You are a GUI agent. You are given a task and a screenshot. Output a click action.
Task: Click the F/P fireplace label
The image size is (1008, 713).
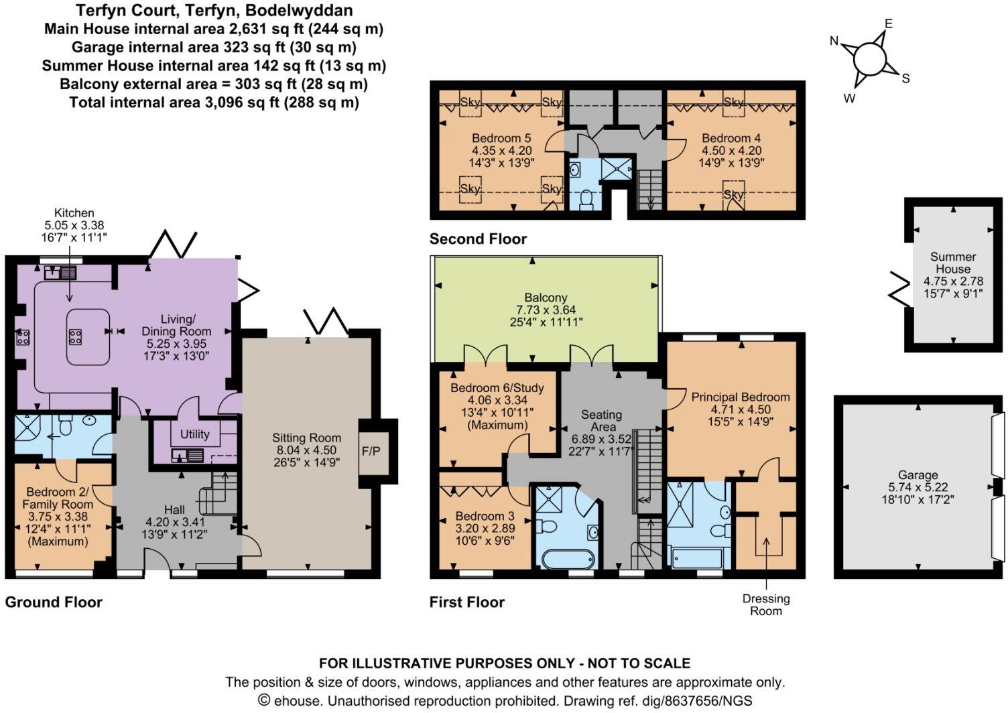[371, 451]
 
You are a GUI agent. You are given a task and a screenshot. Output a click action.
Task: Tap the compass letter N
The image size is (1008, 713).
[834, 42]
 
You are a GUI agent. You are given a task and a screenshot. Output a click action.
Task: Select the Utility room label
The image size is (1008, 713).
[195, 434]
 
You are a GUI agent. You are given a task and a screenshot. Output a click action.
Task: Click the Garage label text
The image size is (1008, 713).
[918, 475]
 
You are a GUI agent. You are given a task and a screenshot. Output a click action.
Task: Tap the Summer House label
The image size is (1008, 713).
[953, 263]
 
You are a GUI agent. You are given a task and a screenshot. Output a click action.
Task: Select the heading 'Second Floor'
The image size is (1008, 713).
[478, 239]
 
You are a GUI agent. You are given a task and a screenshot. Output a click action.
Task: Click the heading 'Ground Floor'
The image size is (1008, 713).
[54, 602]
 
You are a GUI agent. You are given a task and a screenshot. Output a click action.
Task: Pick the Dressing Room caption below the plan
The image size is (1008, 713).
[766, 604]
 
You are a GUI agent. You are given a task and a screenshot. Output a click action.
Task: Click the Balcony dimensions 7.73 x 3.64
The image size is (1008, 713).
[546, 310]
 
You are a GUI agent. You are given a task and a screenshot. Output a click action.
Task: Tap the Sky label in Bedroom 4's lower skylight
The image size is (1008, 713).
[734, 195]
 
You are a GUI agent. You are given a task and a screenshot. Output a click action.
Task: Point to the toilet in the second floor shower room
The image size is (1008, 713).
[585, 199]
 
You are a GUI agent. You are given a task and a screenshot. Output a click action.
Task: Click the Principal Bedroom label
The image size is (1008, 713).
[741, 397]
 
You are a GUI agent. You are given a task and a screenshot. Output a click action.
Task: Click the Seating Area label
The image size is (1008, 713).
[601, 421]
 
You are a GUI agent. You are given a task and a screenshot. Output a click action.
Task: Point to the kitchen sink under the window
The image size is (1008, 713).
[52, 273]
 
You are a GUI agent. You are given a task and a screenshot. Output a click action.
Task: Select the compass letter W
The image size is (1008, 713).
[849, 99]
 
